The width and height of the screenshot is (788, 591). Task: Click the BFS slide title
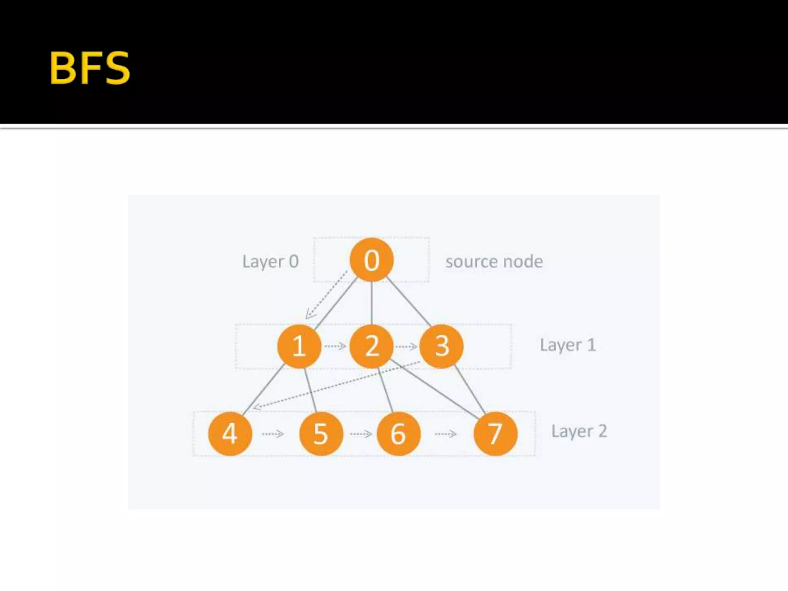coord(90,68)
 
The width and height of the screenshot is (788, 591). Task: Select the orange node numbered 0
coord(371,260)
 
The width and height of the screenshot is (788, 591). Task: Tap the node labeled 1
coord(299,346)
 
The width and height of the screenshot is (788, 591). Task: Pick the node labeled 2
coord(371,346)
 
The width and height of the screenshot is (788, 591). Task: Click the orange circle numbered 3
coord(441,346)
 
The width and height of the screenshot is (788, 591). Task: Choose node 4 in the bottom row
coord(230,434)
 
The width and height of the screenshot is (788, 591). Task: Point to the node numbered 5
coord(321,434)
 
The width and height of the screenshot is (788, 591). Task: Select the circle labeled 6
coord(398,434)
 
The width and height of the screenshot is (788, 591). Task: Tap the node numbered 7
coord(495,434)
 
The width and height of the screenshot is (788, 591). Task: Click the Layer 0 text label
coord(270,262)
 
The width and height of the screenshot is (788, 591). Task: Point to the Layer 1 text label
coord(568,345)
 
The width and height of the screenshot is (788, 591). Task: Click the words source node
coord(494,262)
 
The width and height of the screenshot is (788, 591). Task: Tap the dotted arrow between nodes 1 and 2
coord(335,346)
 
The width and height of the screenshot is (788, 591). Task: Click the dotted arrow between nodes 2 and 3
coord(406,347)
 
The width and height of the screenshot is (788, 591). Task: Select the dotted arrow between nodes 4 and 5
coord(273,434)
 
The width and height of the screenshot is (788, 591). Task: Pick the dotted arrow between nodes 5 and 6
coord(361,434)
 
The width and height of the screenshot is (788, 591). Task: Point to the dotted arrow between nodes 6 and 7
coord(446,434)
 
